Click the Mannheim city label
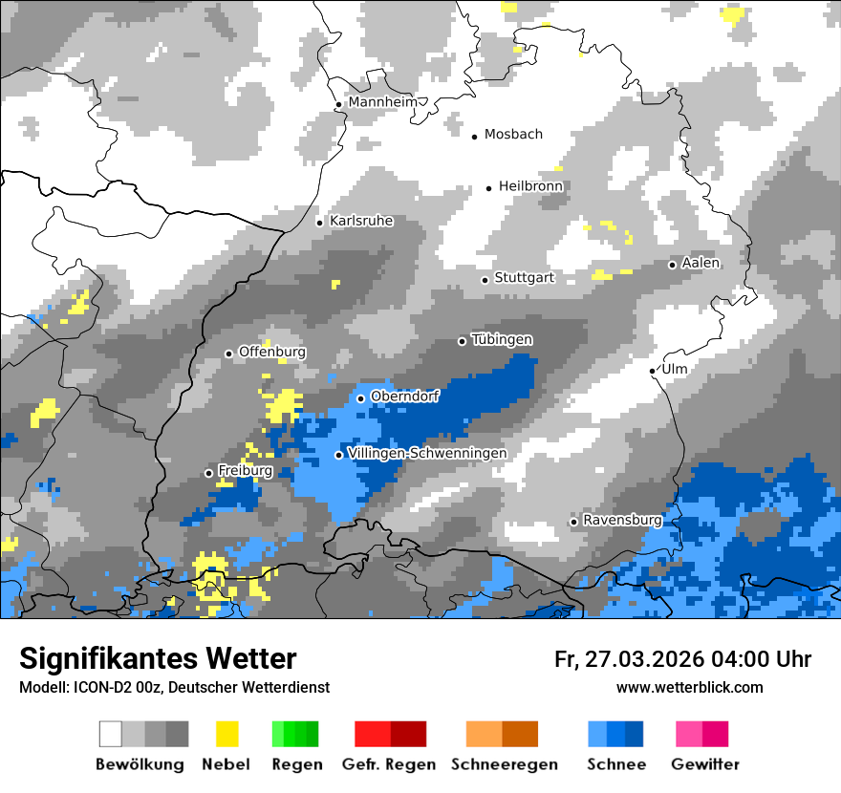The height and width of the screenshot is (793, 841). [x=383, y=102]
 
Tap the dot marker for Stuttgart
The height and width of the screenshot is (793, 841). [x=485, y=280]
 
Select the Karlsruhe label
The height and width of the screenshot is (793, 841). [x=361, y=221]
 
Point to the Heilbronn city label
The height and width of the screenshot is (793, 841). [x=530, y=186]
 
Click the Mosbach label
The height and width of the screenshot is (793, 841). [x=513, y=135]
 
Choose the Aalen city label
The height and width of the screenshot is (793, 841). [x=701, y=263]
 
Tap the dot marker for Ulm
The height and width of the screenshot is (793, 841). [x=653, y=371]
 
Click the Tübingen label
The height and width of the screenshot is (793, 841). [x=502, y=340]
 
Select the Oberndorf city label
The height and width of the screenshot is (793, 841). [x=404, y=396]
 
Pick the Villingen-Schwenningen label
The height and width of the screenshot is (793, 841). [x=427, y=453]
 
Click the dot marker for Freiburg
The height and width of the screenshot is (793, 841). [x=209, y=473]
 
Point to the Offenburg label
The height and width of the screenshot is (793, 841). [x=271, y=352]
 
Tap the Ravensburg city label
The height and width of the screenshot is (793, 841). [x=622, y=520]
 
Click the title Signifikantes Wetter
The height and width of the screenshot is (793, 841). [x=158, y=658]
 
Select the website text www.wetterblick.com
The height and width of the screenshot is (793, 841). [x=689, y=687]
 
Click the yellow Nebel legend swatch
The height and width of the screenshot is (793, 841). [x=226, y=734]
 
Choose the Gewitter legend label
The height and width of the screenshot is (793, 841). [x=704, y=764]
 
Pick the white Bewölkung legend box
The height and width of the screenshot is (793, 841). [x=111, y=734]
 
